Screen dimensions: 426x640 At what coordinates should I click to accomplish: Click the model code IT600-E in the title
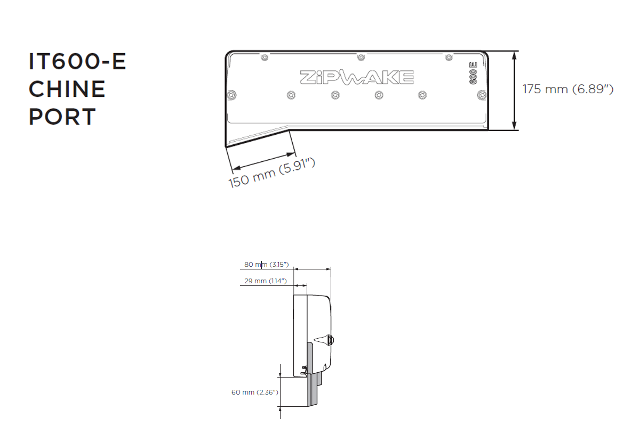[77, 62]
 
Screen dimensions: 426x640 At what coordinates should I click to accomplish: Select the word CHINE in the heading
[67, 89]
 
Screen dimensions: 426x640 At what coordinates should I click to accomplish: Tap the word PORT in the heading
[62, 117]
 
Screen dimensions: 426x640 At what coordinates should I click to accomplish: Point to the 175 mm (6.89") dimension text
[567, 89]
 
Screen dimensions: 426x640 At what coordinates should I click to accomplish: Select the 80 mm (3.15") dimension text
[266, 264]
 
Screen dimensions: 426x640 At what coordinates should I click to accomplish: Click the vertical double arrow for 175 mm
[515, 91]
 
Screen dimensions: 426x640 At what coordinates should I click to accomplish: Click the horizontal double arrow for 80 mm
[313, 269]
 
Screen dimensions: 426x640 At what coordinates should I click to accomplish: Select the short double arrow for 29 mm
[301, 285]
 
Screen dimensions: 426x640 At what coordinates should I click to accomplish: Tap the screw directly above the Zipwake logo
[361, 56]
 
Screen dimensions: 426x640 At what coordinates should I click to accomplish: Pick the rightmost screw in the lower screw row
[482, 95]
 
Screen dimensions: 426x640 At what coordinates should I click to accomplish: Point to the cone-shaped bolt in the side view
[324, 339]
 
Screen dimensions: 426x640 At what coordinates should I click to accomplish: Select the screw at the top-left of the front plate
[263, 56]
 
